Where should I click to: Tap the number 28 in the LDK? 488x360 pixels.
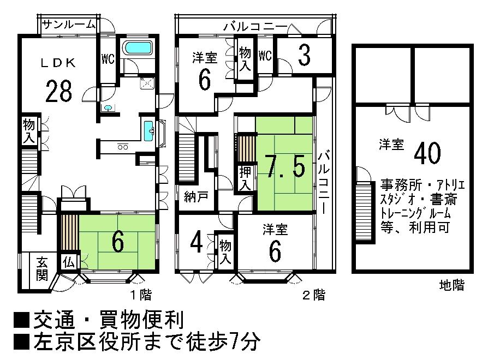tap(59, 91)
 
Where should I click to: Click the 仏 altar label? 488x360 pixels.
tap(69, 261)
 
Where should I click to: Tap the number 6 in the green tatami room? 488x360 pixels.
tap(117, 242)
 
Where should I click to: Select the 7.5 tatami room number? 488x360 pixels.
tap(285, 166)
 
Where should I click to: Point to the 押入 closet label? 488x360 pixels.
tap(245, 178)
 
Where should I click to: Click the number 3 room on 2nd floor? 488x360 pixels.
tap(304, 54)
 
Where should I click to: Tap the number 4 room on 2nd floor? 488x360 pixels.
tap(198, 241)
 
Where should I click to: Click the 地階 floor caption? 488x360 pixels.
tap(451, 285)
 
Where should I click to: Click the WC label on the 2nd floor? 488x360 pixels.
tap(265, 55)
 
